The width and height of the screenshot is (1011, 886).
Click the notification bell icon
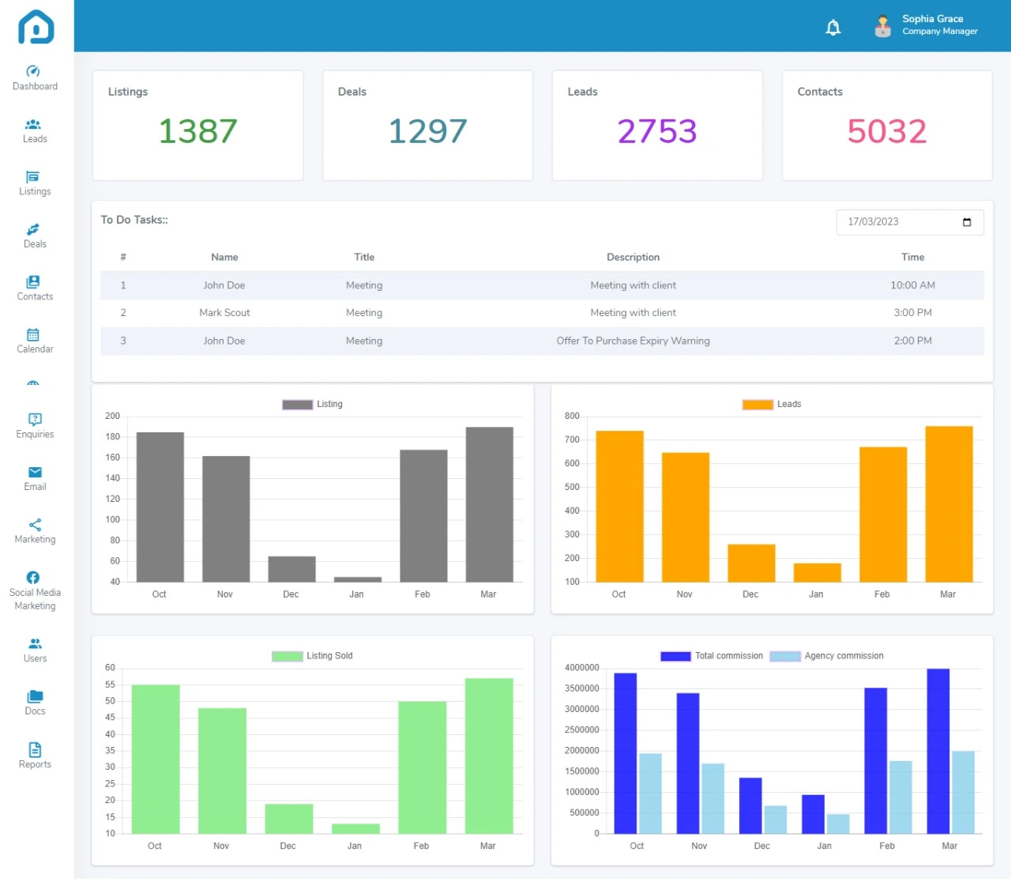832,28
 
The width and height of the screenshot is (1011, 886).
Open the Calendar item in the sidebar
35,341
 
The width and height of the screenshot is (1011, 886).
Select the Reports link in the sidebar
35,756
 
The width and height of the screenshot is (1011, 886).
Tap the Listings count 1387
197,131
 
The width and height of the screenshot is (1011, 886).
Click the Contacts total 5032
886,131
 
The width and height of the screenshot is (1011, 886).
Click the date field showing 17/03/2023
908,222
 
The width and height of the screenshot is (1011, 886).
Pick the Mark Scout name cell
224,313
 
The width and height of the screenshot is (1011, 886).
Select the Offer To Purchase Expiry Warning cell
633,341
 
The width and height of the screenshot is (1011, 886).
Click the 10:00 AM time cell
912,285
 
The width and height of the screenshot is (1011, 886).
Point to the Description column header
633,257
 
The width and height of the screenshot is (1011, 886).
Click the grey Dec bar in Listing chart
291,569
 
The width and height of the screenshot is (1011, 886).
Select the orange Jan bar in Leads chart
817,572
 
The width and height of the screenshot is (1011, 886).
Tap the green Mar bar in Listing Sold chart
489,755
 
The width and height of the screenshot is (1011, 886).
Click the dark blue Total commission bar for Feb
875,760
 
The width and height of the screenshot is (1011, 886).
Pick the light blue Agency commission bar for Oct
650,793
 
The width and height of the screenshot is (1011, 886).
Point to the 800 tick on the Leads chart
572,417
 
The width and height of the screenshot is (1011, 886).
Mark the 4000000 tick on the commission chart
581,668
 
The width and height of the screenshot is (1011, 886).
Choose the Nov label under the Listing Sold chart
221,846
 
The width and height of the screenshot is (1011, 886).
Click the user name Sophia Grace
932,19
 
